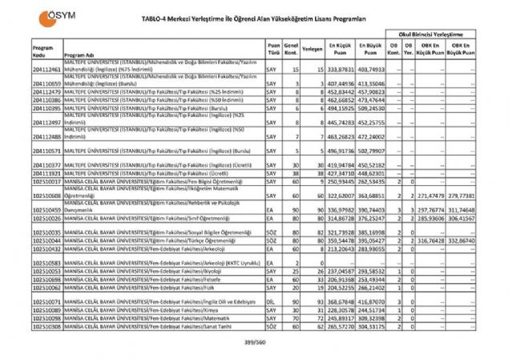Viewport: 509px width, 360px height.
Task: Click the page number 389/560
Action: [x=254, y=342]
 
